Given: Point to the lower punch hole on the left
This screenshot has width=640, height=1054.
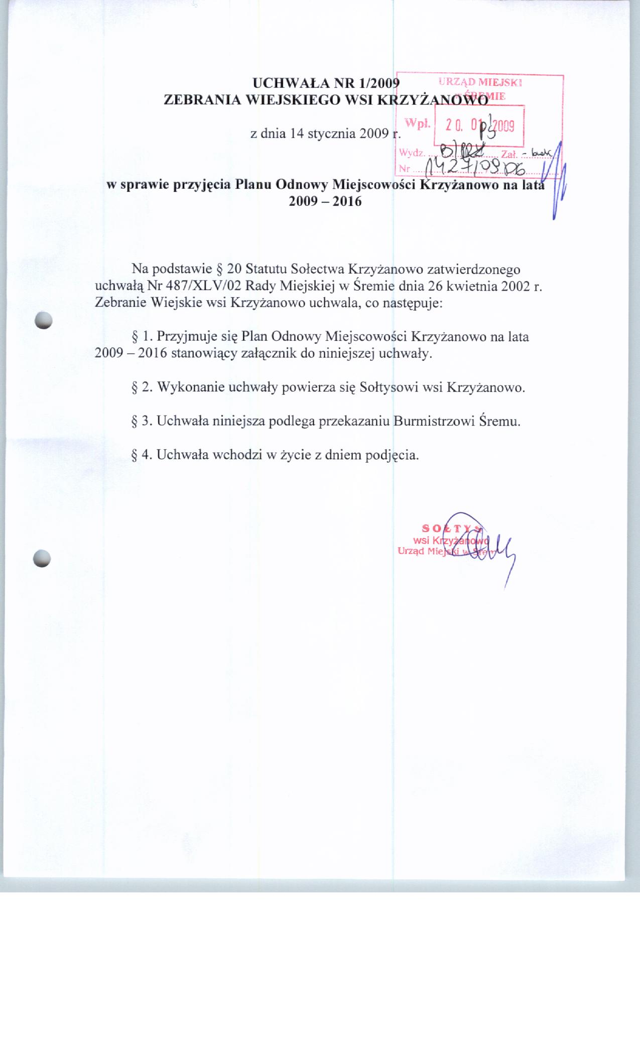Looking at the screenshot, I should (x=42, y=558).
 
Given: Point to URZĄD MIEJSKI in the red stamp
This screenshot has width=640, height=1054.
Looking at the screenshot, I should (x=481, y=83).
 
